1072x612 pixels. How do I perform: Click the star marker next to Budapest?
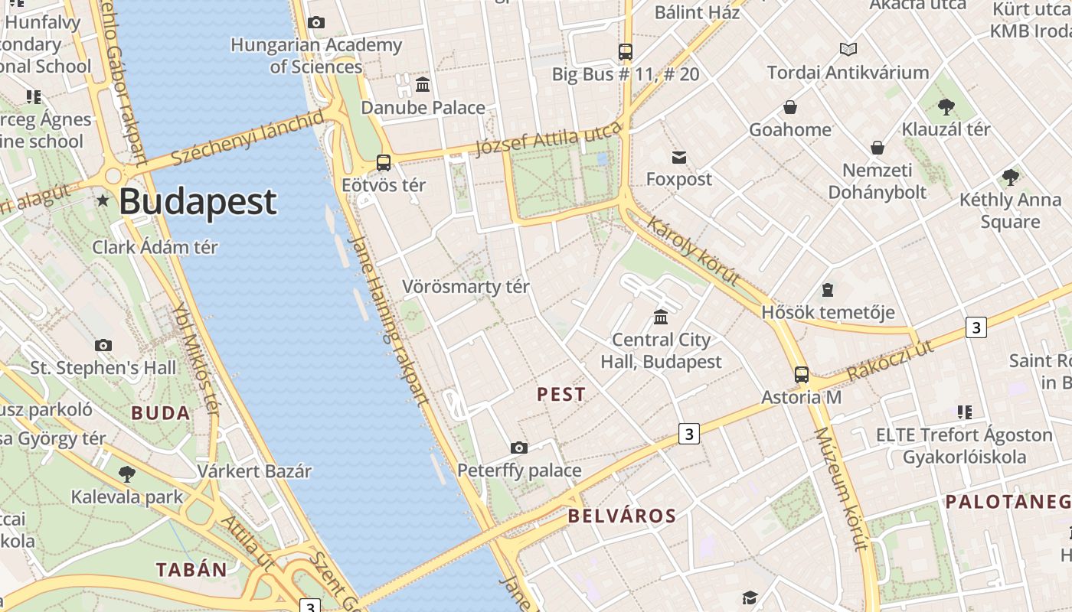click(103, 200)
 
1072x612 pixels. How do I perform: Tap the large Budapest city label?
click(198, 201)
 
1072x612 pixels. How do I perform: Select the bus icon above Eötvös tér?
click(384, 163)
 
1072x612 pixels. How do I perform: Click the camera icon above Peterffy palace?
click(519, 448)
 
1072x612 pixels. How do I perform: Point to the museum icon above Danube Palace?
click(423, 84)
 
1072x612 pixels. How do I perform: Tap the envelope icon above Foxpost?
click(678, 158)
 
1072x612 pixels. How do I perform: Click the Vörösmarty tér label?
click(466, 287)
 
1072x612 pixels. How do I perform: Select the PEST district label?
click(561, 395)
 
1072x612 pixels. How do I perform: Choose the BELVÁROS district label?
click(622, 516)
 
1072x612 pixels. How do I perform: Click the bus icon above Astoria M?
click(801, 375)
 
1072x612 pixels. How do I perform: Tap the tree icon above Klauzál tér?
click(946, 106)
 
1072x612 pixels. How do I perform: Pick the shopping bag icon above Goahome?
click(789, 107)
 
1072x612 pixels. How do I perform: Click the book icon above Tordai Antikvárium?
click(848, 50)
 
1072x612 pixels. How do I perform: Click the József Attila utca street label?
click(548, 138)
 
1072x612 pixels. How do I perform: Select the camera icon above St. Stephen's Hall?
click(103, 345)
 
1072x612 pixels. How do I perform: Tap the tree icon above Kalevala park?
click(127, 474)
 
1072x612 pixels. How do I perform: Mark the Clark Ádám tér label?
click(155, 247)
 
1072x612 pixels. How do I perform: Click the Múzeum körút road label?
click(841, 490)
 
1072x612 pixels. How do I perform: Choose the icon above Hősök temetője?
click(828, 290)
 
